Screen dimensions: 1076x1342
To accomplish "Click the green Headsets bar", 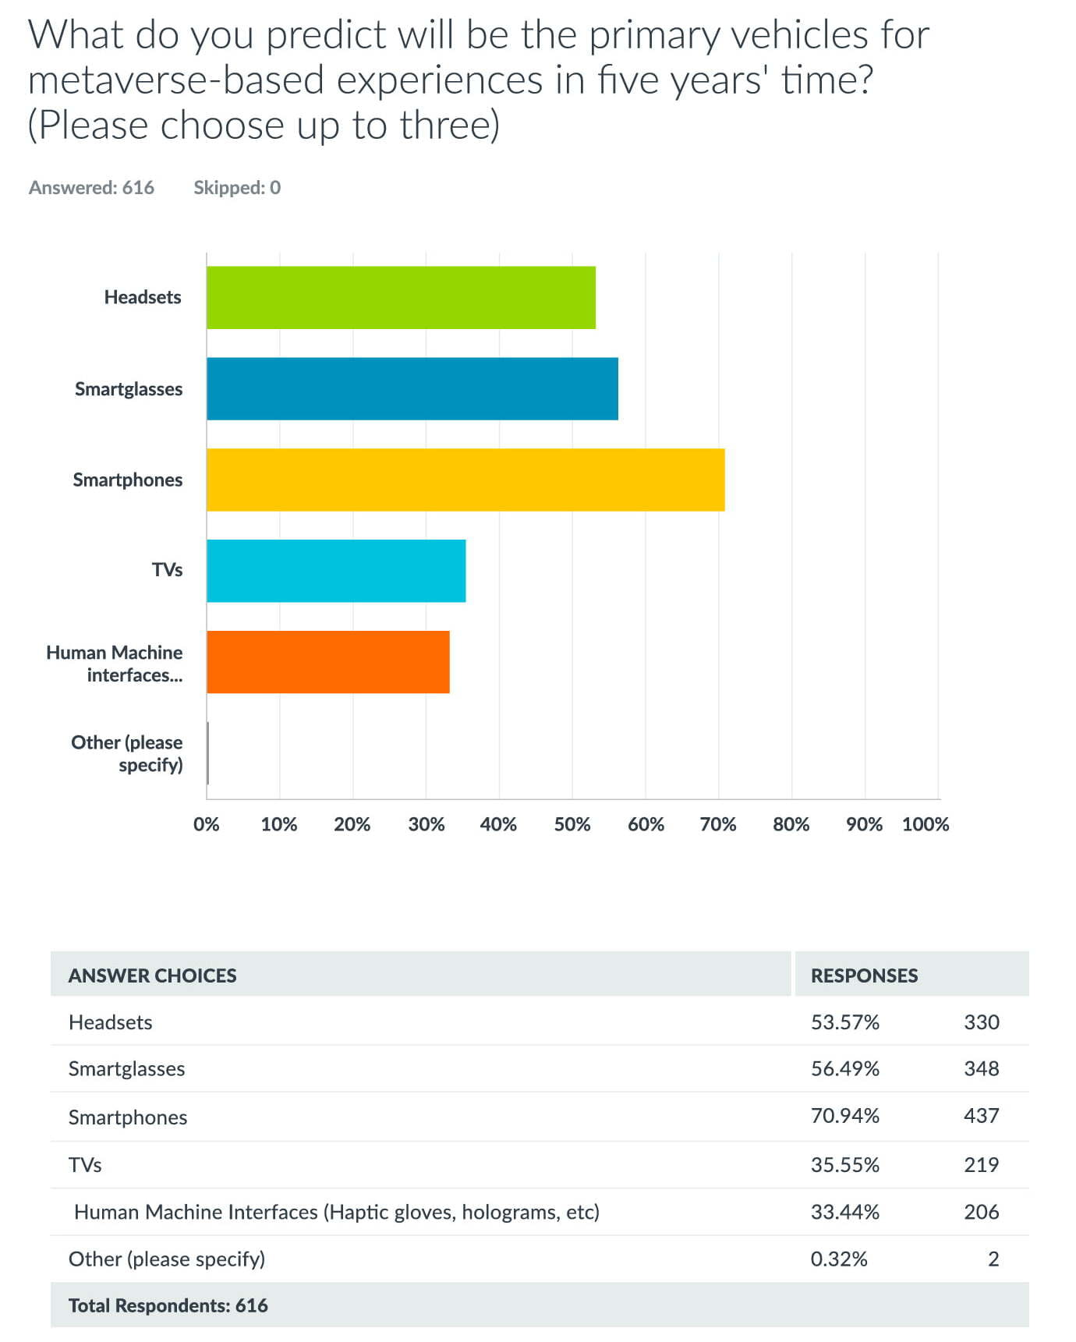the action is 401,297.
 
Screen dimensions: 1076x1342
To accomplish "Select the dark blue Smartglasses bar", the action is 412,388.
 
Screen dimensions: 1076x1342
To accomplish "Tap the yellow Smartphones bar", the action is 465,480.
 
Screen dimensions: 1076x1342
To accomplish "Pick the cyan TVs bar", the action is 336,571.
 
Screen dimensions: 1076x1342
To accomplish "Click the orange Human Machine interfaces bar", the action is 328,662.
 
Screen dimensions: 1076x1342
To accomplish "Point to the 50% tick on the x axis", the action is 572,824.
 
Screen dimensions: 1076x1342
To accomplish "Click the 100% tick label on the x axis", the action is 926,824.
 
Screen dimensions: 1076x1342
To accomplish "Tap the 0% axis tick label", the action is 207,824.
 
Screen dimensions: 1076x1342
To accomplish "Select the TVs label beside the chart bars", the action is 167,570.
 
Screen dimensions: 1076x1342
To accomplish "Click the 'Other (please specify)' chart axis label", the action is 127,753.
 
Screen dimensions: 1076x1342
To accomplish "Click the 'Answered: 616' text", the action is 91,187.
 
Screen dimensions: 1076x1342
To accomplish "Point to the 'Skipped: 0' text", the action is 237,187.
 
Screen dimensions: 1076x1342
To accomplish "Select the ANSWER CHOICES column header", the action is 152,976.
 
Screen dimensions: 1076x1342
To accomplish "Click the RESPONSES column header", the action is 864,976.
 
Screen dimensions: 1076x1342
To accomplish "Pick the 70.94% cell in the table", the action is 845,1116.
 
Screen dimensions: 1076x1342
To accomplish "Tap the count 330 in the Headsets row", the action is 982,1022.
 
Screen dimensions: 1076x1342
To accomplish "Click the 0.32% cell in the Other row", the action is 839,1259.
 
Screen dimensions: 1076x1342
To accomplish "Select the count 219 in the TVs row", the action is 982,1165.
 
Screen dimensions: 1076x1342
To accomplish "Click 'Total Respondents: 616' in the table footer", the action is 168,1305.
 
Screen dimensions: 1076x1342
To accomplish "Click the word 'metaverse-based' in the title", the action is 176,80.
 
